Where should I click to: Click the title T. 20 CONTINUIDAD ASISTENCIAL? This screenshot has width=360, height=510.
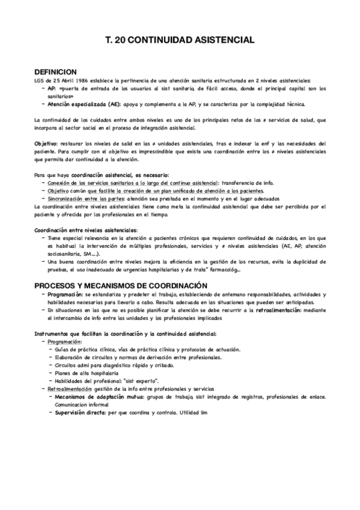180,39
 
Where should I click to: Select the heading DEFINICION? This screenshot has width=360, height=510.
56,71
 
